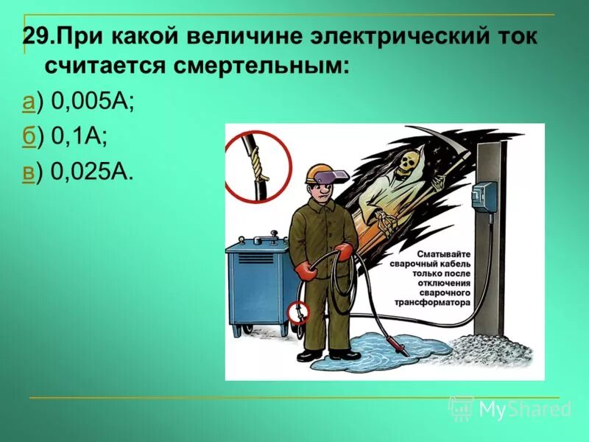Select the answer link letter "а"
pyautogui.click(x=28, y=103)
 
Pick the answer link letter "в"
pyautogui.click(x=28, y=172)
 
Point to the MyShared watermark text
pyautogui.click(x=523, y=409)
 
